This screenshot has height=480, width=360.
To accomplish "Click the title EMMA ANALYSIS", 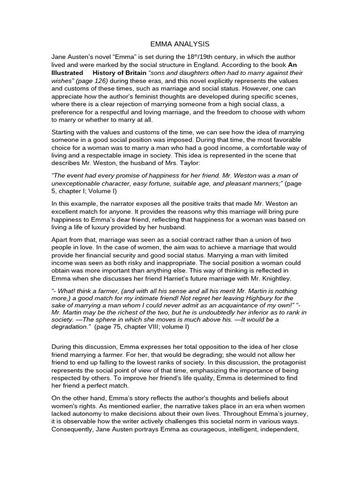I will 180,44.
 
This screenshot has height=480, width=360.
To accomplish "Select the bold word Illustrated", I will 67,73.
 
